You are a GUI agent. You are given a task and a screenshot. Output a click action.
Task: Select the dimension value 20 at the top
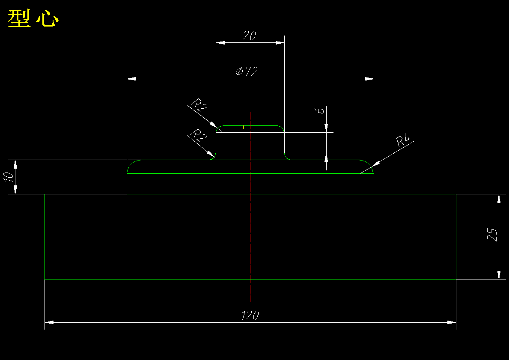pyautogui.click(x=249, y=36)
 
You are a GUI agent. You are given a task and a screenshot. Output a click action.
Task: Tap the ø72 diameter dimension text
pyautogui.click(x=247, y=71)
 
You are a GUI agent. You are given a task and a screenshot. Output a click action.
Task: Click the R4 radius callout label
pyautogui.click(x=403, y=141)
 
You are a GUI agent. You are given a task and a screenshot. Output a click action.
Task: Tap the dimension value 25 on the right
pyautogui.click(x=493, y=235)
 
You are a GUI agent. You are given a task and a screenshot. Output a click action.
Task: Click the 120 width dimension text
pyautogui.click(x=250, y=316)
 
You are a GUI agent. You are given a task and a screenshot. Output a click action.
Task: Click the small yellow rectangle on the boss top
pyautogui.click(x=250, y=127)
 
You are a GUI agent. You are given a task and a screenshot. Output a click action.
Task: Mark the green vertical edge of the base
pyautogui.click(x=45, y=237)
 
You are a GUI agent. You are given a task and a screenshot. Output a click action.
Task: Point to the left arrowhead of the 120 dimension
pyautogui.click(x=49, y=322)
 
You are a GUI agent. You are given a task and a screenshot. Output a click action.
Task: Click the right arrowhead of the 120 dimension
pyautogui.click(x=452, y=322)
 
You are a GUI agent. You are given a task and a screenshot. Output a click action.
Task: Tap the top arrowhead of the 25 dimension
pyautogui.click(x=499, y=198)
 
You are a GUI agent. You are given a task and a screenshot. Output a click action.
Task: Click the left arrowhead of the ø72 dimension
pyautogui.click(x=131, y=79)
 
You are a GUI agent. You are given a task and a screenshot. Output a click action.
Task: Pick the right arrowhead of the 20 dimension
pyautogui.click(x=280, y=42)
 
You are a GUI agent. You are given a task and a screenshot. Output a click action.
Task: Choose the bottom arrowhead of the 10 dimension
pyautogui.click(x=15, y=190)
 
